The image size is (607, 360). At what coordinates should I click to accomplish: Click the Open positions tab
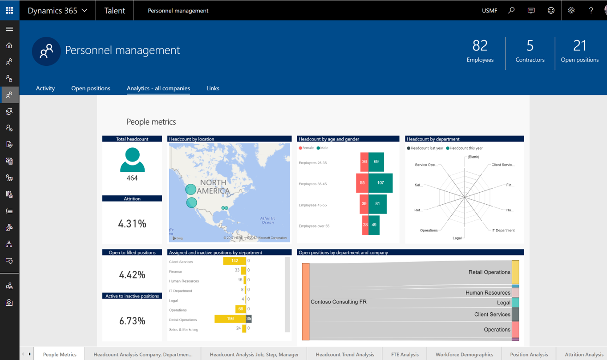coord(91,88)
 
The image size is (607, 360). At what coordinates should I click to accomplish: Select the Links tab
coord(213,88)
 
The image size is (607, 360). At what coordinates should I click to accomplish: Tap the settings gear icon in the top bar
coord(571,10)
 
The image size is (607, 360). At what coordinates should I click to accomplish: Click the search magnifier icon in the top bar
coord(511,10)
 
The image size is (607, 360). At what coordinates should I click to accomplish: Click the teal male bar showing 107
coord(380,183)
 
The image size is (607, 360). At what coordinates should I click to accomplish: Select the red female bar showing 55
coord(362,183)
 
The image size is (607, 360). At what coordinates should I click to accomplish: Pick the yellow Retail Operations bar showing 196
coord(230,319)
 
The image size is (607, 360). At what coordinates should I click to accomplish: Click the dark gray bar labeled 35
coord(249,319)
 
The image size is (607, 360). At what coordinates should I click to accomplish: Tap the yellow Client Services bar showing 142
coord(235,261)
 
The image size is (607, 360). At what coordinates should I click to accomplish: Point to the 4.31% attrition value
coord(132,223)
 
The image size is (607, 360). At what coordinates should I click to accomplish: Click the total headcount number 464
coord(132,178)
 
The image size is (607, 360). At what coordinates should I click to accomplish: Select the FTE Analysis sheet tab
coord(405,354)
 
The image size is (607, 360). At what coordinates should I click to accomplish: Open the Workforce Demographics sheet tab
coord(464,354)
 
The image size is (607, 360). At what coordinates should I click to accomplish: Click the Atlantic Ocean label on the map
coord(268,220)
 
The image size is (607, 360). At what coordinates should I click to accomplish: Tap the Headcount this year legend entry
coord(466,148)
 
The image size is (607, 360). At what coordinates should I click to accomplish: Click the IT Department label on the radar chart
coord(503,231)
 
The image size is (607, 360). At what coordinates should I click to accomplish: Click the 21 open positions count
coord(579,46)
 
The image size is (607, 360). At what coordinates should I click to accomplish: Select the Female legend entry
coord(308,148)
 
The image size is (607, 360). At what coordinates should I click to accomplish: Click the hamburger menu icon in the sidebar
coord(9,29)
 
